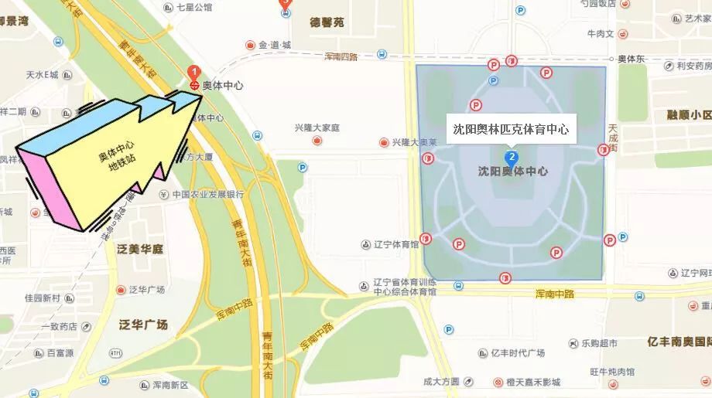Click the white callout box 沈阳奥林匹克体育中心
point(512,128)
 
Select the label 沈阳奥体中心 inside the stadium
point(512,172)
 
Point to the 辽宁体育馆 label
point(395,244)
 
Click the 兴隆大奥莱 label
point(415,142)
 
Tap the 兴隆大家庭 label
point(317,128)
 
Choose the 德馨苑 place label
point(326,22)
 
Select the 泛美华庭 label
point(140,249)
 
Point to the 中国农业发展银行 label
point(208,195)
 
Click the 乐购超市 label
point(600,343)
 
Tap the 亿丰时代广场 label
point(518,353)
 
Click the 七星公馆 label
point(193,8)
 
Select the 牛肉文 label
point(601,34)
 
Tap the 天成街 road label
point(613,138)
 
